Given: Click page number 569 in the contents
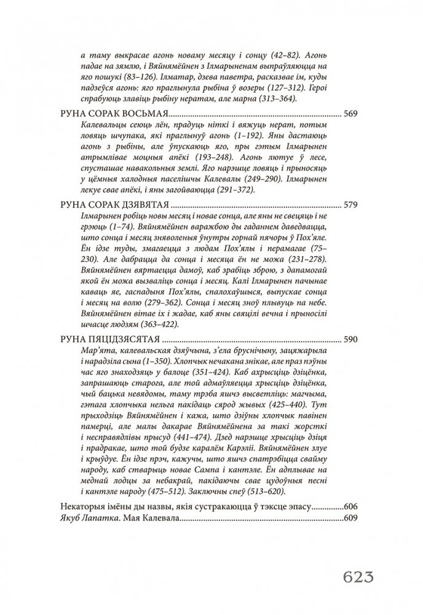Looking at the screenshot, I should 350,114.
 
